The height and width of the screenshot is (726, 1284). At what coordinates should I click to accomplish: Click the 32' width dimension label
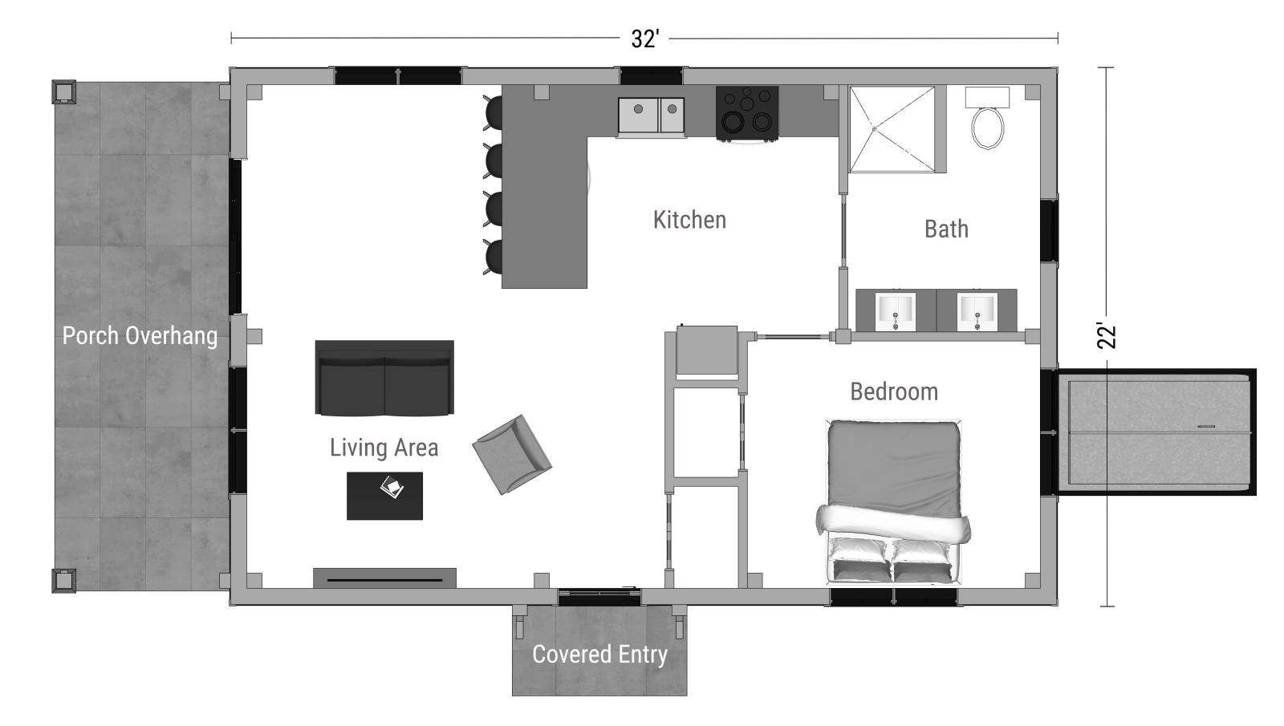[x=644, y=39]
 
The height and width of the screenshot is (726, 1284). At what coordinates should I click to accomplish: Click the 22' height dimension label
[x=1107, y=336]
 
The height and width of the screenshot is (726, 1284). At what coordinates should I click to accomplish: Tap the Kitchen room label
[x=689, y=220]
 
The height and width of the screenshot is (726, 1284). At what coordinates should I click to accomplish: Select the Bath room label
[x=946, y=229]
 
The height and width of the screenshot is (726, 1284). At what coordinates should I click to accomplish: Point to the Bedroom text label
[x=894, y=391]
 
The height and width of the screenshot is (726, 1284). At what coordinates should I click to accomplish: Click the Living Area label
[x=384, y=448]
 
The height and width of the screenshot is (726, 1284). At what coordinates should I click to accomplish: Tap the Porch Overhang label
[x=140, y=335]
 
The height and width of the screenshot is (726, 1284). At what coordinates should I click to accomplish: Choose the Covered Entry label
[x=599, y=655]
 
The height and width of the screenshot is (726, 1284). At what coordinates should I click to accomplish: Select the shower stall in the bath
[x=893, y=129]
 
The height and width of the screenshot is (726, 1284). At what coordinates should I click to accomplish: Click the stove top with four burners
[x=747, y=112]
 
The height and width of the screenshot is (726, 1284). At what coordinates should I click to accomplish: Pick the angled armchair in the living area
[x=511, y=454]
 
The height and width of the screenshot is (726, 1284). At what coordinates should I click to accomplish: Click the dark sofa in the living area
[x=384, y=379]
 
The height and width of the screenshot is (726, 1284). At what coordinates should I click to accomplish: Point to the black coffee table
[x=384, y=496]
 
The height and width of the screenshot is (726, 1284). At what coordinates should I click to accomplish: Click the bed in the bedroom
[x=893, y=501]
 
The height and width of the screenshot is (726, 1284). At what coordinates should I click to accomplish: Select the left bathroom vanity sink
[x=896, y=310]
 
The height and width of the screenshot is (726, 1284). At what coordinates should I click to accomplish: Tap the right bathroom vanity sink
[x=977, y=310]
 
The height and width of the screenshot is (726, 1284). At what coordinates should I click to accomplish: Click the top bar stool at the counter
[x=494, y=112]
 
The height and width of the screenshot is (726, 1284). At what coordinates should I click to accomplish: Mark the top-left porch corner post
[x=63, y=91]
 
